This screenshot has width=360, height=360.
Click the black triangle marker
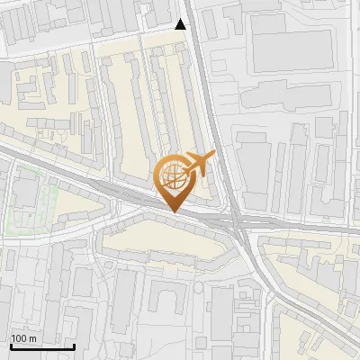tap(182, 24)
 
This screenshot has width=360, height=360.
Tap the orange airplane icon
tap(198, 164)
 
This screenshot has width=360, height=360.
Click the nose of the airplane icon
tap(213, 157)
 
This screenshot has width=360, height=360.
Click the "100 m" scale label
tap(23, 338)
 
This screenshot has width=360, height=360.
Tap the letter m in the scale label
tap(32, 338)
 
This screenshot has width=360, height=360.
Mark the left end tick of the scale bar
tap(11, 345)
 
